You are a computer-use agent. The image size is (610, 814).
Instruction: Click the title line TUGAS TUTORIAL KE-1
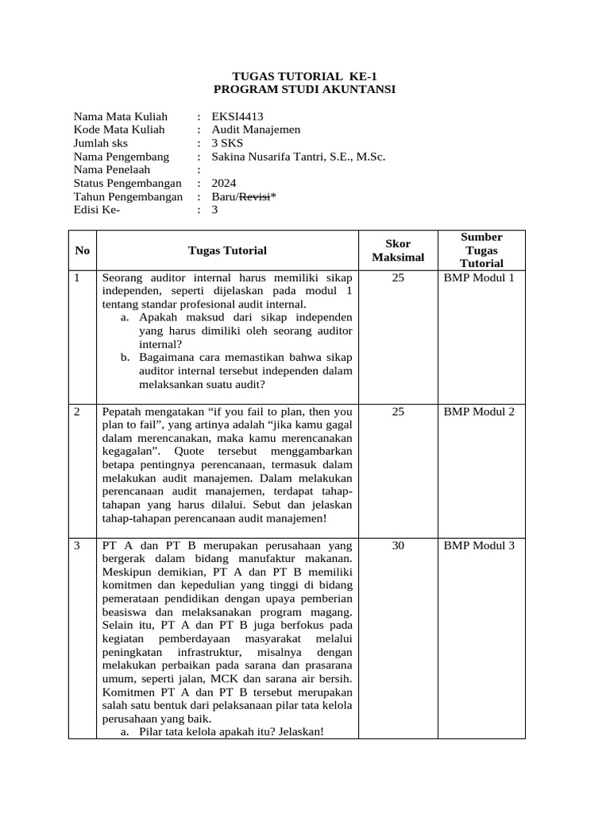point(304,76)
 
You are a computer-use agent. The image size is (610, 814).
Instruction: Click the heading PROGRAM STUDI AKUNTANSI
point(304,89)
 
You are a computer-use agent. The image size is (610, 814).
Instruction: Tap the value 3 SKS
point(228,144)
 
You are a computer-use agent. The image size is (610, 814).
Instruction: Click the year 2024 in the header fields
point(224,184)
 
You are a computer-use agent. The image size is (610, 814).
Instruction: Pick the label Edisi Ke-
point(97,211)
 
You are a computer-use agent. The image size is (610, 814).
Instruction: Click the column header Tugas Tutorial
point(227,250)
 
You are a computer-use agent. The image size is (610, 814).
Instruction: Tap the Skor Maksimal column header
point(398,250)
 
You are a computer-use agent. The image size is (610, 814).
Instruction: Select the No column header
point(82,250)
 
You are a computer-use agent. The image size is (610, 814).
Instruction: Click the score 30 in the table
point(398,545)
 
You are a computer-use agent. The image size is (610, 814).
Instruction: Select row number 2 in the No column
point(77,412)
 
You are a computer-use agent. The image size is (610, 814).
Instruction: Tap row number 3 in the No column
point(77,545)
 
